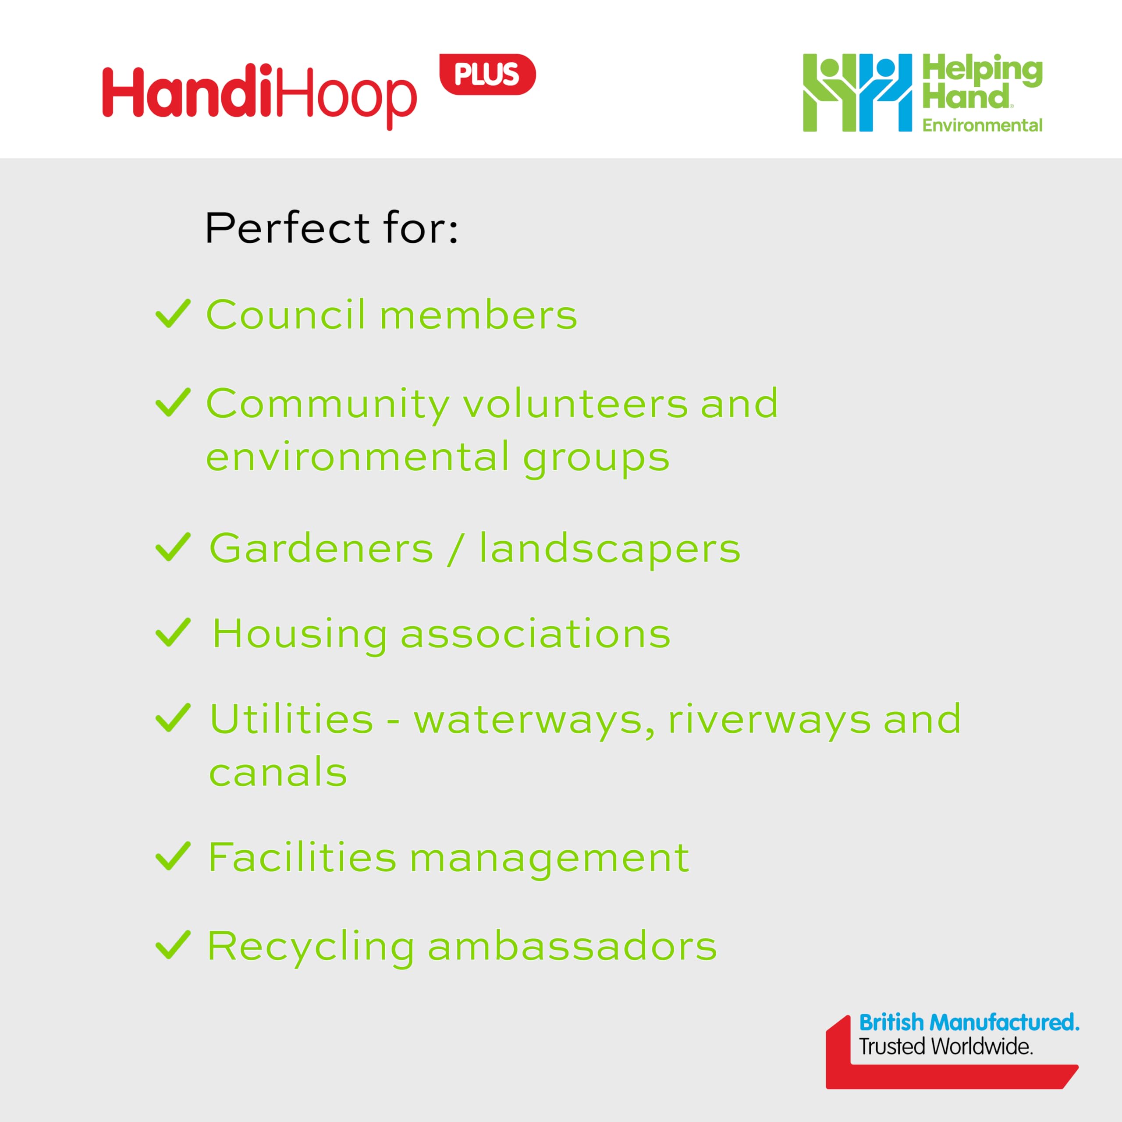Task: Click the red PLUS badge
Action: tap(487, 75)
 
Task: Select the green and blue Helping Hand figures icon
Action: tap(857, 93)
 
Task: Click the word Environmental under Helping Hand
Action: tap(982, 125)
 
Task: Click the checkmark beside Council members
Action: tap(173, 314)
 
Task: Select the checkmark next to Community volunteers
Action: tap(173, 402)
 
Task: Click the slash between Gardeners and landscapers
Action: tap(456, 549)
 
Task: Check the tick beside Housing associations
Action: tap(173, 632)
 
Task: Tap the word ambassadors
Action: tap(572, 946)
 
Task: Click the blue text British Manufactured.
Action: tap(969, 1022)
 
